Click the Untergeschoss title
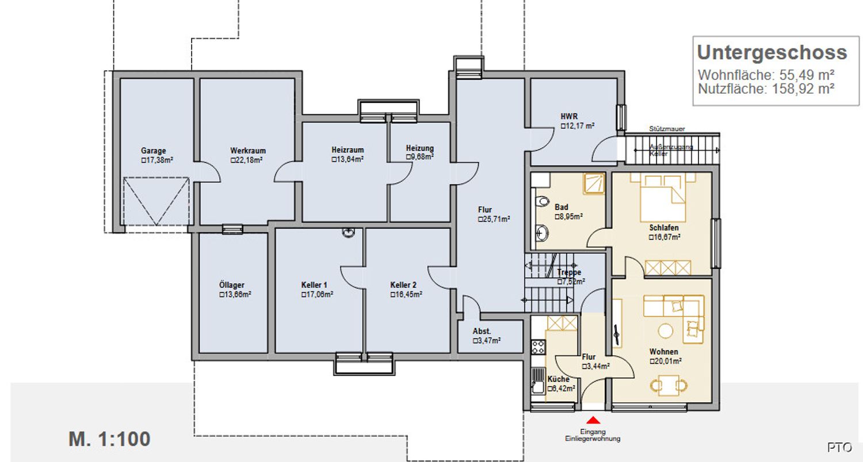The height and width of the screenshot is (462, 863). click(772, 53)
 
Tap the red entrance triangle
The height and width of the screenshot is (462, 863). click(593, 419)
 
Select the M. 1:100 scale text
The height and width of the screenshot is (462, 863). click(109, 439)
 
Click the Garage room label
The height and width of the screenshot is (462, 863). click(154, 151)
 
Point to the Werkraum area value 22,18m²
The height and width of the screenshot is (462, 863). click(247, 160)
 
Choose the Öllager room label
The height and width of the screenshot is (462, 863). click(231, 285)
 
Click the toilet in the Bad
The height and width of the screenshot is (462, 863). click(542, 201)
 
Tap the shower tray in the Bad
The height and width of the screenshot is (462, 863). click(594, 183)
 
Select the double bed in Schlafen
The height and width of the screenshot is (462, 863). click(663, 198)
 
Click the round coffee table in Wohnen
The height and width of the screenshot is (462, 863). click(665, 330)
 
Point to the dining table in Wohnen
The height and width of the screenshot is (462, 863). click(669, 385)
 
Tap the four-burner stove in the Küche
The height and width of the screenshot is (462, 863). click(538, 346)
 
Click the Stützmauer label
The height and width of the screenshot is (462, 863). click(667, 129)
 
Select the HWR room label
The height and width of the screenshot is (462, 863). click(569, 116)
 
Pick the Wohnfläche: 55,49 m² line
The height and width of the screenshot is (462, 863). click(766, 75)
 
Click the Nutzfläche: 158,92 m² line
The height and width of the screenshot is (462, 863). click(766, 89)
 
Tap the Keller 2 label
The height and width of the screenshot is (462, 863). click(403, 285)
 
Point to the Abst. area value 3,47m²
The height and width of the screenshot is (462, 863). click(487, 341)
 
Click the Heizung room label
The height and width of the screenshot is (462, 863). click(420, 148)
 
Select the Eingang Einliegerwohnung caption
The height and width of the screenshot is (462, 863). click(593, 436)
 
